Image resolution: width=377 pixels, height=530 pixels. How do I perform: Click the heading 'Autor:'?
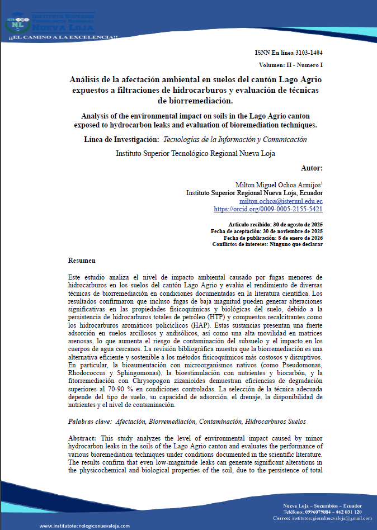[x=311, y=167]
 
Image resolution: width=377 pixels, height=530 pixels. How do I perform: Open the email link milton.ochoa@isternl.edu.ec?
[x=281, y=200]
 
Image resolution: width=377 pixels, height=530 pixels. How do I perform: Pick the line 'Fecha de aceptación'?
[x=267, y=230]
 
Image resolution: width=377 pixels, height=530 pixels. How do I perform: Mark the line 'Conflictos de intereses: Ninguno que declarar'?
[x=267, y=244]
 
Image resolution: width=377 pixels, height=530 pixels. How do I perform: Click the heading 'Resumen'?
[x=82, y=261]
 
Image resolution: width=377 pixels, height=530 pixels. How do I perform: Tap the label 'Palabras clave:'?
[x=92, y=421]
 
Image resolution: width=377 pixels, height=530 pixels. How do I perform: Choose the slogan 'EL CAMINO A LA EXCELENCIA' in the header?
[x=63, y=37]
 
